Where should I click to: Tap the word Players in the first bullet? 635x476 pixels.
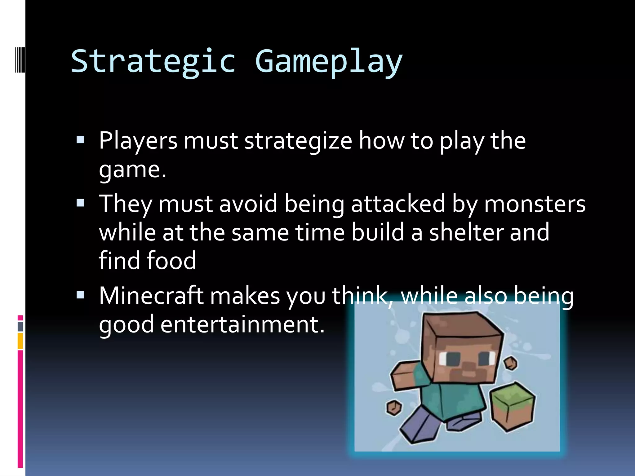(138, 141)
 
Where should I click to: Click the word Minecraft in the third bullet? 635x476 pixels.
(151, 296)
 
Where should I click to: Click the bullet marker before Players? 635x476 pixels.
(80, 140)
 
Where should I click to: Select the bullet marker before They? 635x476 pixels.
(80, 203)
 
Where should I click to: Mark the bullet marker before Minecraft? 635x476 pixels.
(80, 295)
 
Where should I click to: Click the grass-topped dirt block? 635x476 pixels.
(512, 406)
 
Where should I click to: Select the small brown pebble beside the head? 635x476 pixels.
(510, 363)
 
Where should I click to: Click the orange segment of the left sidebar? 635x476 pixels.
(20, 341)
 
